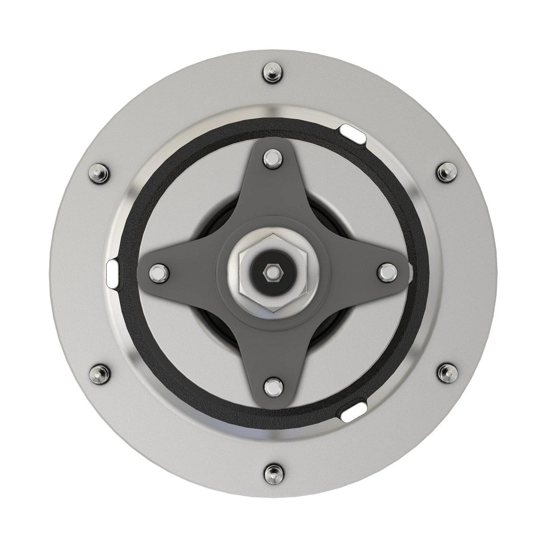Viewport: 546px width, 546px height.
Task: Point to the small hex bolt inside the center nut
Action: (272, 271)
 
